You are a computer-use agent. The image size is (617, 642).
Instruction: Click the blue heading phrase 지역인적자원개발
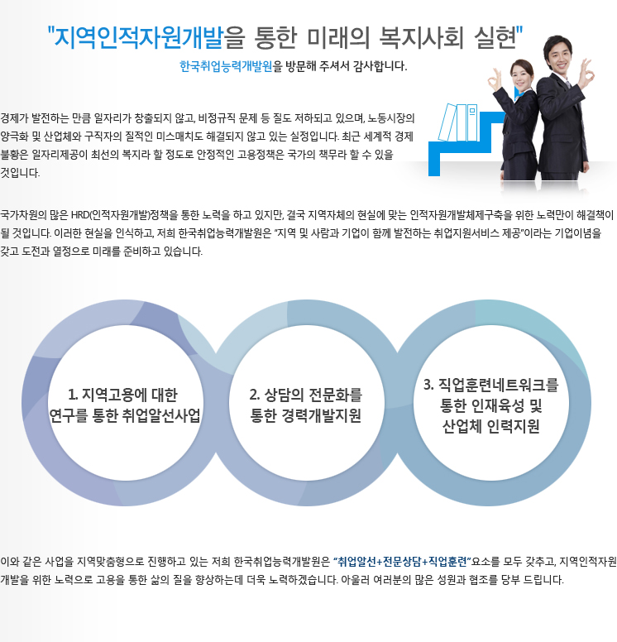coord(139,38)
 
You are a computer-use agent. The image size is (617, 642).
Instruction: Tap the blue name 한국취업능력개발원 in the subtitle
coord(226,66)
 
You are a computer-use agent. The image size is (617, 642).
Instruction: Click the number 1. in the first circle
coord(73,395)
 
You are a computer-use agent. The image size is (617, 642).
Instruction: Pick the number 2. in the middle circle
coord(255,395)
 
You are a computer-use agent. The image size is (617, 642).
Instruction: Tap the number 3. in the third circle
coord(428,385)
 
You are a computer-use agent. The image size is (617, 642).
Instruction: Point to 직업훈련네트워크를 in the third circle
coord(498,385)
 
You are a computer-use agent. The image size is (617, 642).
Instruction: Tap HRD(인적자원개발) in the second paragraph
coord(111,215)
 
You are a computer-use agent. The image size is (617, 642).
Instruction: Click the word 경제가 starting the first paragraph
coord(14,118)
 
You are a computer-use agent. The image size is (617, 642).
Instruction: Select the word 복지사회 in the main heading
coord(421,38)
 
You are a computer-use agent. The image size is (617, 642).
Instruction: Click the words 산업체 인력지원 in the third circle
coord(491,427)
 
